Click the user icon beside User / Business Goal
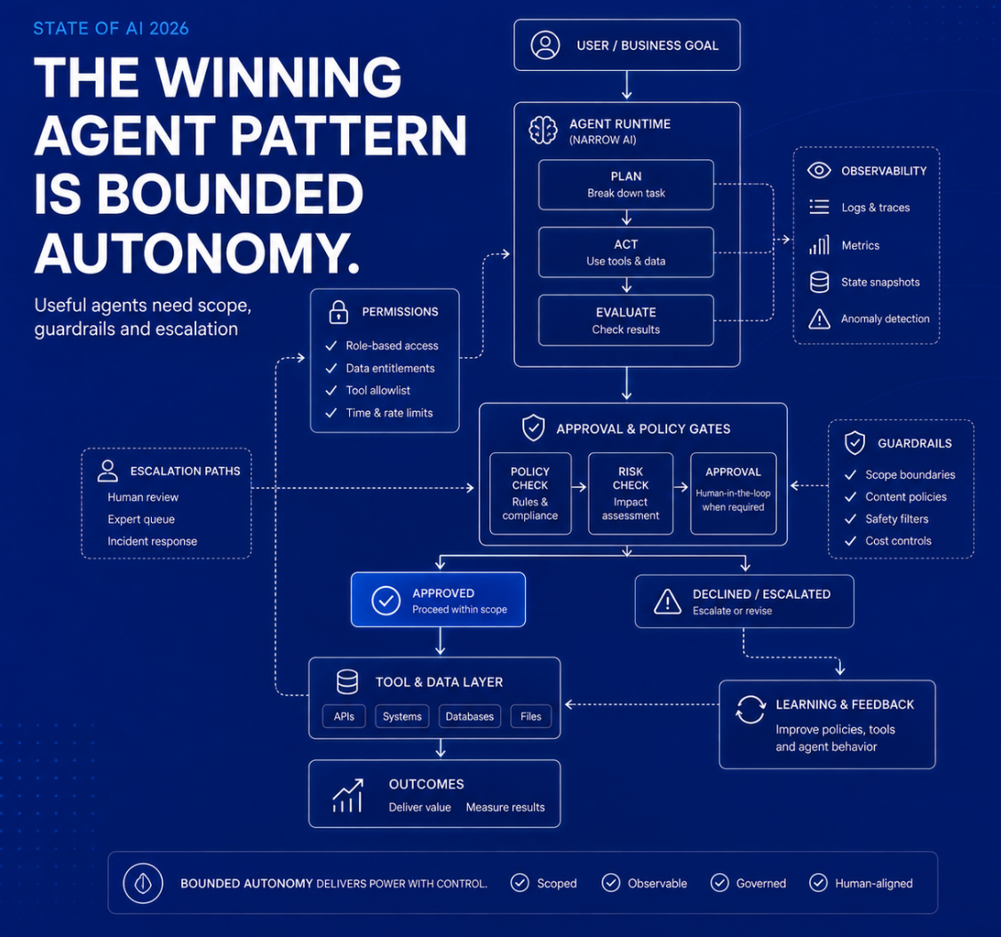point(545,45)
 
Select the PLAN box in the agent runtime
point(625,185)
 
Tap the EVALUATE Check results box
point(625,321)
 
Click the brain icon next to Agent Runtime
point(544,131)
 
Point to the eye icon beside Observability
point(819,171)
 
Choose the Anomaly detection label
point(885,319)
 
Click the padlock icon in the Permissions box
point(338,312)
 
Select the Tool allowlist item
point(378,390)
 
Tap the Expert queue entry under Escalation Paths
point(141,519)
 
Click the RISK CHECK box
point(630,494)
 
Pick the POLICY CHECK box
point(530,494)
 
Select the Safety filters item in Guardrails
point(897,519)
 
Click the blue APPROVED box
point(438,600)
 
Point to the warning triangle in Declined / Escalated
point(668,601)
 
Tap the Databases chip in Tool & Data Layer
point(470,716)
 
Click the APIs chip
point(344,716)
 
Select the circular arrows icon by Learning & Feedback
point(751,710)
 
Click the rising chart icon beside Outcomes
point(348,795)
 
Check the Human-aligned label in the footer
point(874,884)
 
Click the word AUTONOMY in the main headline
point(197,253)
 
